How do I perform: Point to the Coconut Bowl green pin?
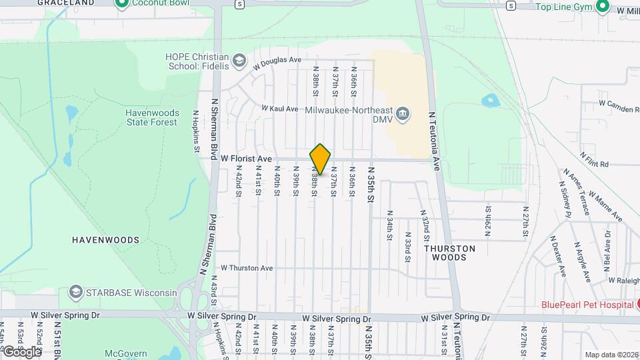pyautogui.click(x=121, y=4)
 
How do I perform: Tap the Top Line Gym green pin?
pyautogui.click(x=602, y=7)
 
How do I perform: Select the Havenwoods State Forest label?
pyautogui.click(x=151, y=117)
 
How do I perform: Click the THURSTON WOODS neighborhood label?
pyautogui.click(x=450, y=252)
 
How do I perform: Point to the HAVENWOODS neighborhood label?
pyautogui.click(x=106, y=239)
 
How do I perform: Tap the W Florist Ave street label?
pyautogui.click(x=246, y=159)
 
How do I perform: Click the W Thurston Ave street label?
pyautogui.click(x=247, y=268)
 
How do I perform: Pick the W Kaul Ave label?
pyautogui.click(x=279, y=108)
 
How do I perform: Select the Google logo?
pyautogui.click(x=21, y=351)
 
